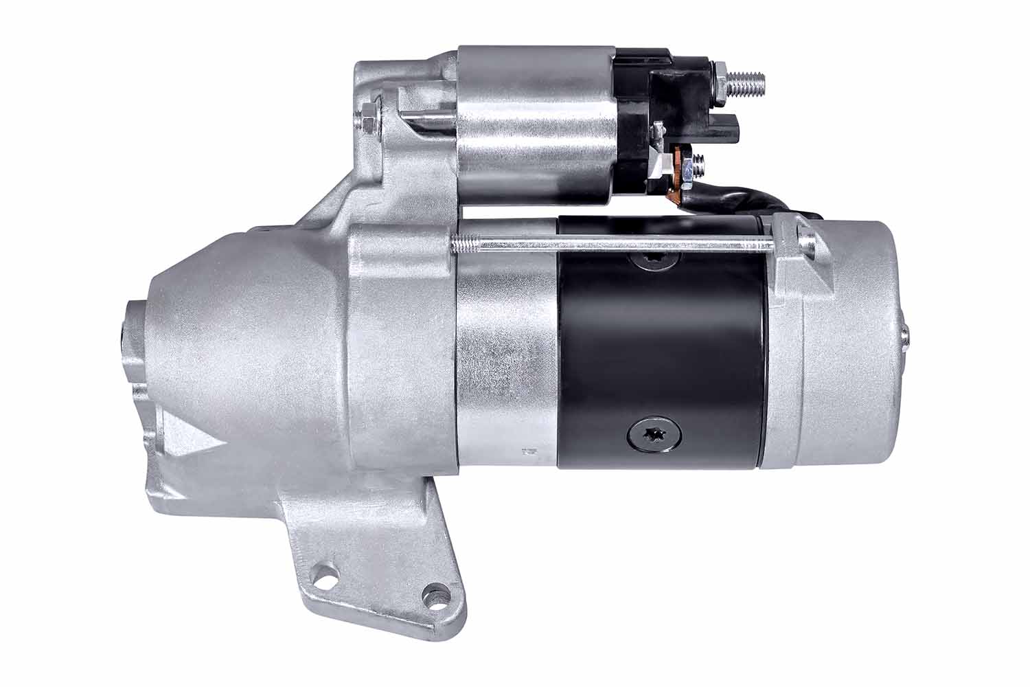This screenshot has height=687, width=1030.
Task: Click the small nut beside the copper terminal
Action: click(699, 165)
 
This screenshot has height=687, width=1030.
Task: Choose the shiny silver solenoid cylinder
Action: click(536, 124)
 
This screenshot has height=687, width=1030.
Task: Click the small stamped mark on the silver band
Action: click(528, 452)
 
